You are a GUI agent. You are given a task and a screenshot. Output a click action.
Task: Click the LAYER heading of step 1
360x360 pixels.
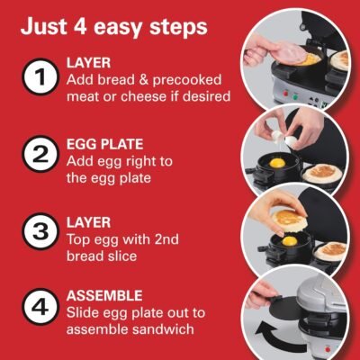pos(88,64)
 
